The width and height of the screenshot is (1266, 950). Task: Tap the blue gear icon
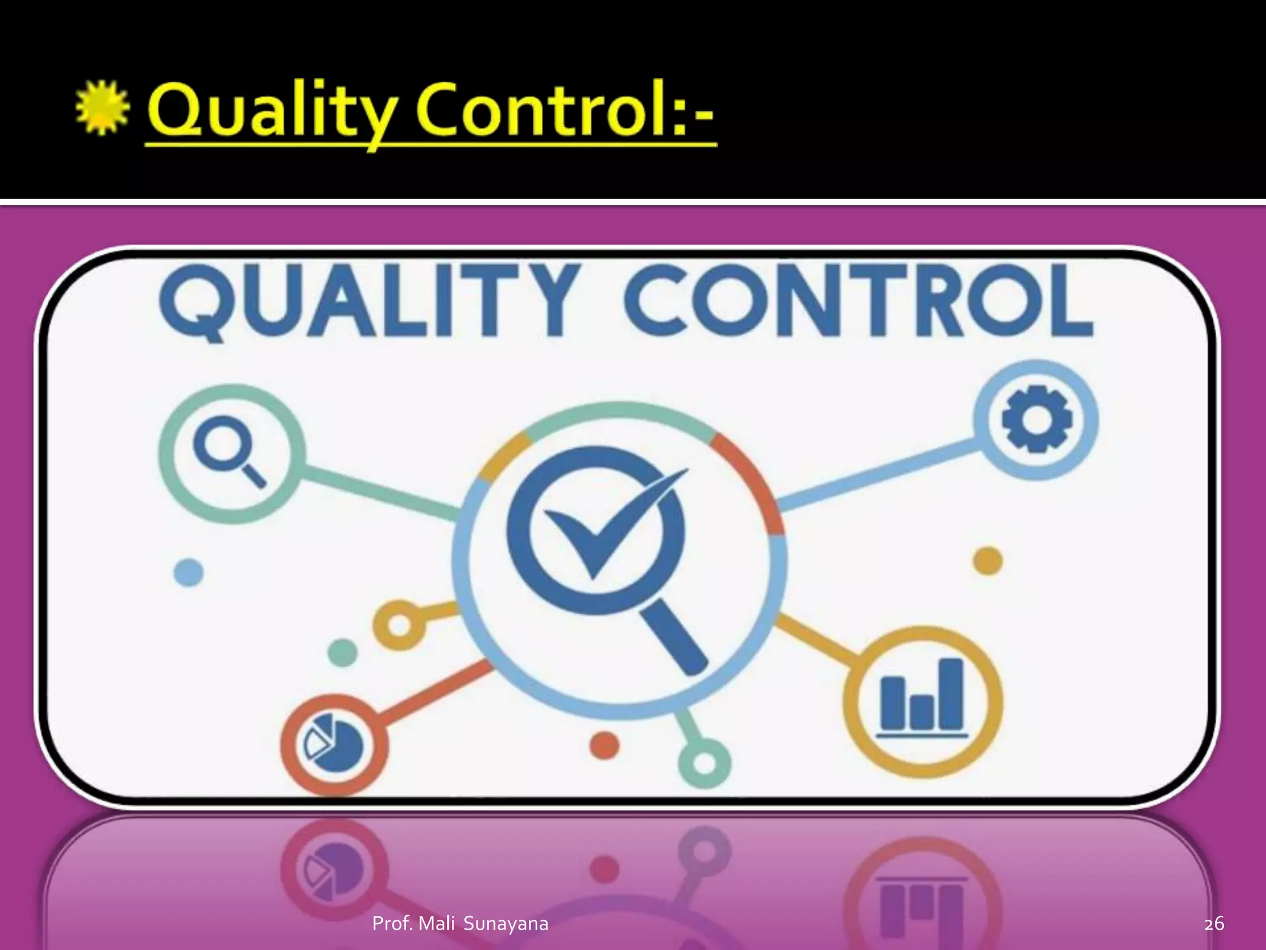click(1036, 418)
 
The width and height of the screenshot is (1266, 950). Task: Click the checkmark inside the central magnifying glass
click(609, 526)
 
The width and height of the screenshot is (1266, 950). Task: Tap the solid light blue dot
click(189, 572)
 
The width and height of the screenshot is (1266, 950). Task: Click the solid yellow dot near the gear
click(988, 561)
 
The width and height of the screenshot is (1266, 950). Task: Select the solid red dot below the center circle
click(604, 745)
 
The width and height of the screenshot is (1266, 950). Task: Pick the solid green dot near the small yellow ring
click(342, 653)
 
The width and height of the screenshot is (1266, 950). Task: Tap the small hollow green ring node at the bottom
click(704, 761)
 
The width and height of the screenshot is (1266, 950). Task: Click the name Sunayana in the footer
click(506, 924)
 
